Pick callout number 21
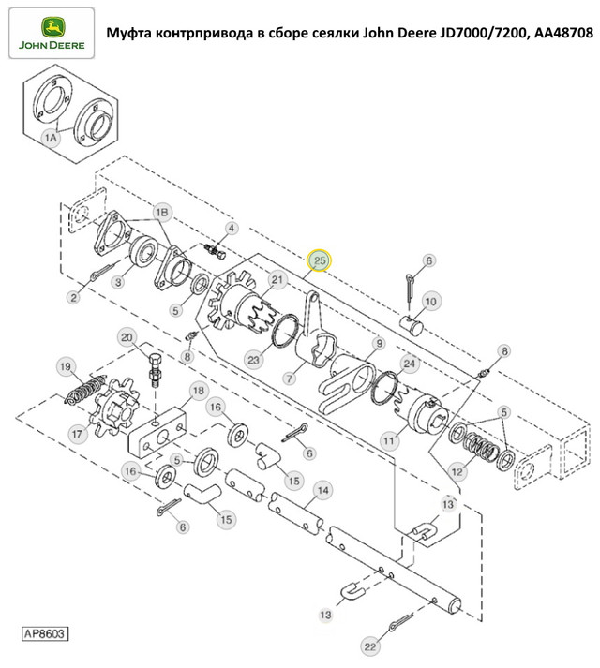277,279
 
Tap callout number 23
254,358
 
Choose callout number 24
409,362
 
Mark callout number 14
322,489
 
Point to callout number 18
197,389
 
